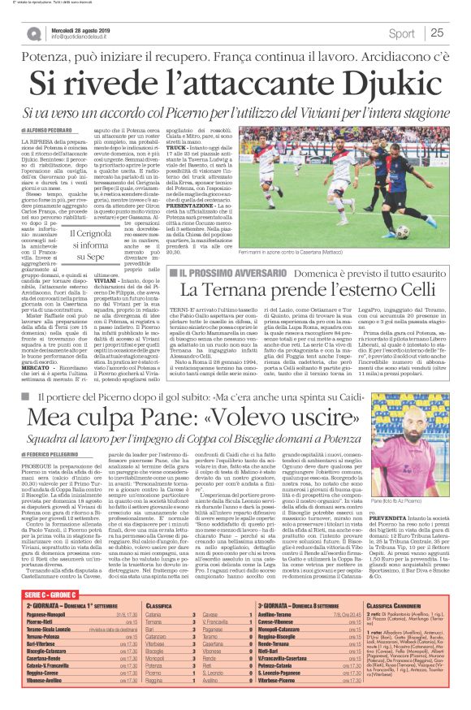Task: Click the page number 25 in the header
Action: [436, 33]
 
